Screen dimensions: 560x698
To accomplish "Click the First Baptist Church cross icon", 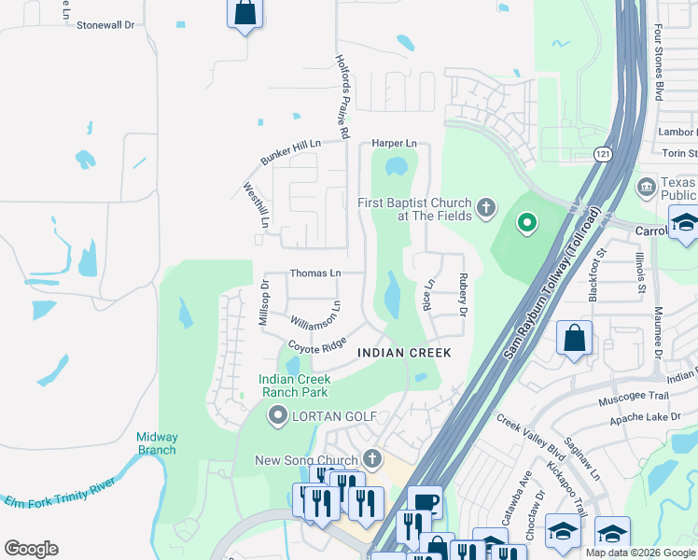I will (x=485, y=207).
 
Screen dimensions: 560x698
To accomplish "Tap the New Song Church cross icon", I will (x=372, y=458).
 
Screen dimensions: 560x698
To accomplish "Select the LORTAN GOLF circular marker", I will (x=277, y=415).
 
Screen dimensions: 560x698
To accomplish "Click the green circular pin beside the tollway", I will (x=526, y=222).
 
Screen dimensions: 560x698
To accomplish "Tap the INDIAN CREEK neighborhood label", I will (x=405, y=353).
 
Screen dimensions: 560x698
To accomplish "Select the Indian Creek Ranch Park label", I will (x=294, y=386).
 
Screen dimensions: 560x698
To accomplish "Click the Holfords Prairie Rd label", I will (x=342, y=96).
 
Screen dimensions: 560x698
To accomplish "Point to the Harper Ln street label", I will (x=394, y=143).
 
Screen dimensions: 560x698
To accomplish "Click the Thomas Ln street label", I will (x=315, y=273).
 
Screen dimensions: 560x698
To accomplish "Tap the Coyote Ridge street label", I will (x=317, y=345).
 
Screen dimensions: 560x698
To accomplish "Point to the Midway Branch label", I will (x=156, y=443).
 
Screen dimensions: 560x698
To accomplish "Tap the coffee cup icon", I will (x=425, y=502).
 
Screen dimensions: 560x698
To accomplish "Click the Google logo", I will (x=31, y=549).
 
